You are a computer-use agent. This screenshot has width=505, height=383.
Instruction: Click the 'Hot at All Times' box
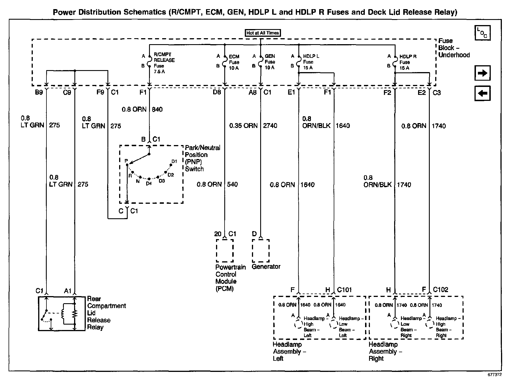click(x=263, y=33)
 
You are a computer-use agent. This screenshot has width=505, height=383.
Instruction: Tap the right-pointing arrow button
click(x=482, y=73)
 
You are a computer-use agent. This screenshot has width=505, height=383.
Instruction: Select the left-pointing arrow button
click(x=482, y=93)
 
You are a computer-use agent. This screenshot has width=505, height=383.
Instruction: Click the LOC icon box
click(x=482, y=33)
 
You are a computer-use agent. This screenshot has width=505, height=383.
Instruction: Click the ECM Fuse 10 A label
click(x=234, y=62)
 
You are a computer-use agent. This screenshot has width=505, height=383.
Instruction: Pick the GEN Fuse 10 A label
click(x=270, y=62)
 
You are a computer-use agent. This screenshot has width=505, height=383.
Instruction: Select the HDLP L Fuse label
click(x=311, y=62)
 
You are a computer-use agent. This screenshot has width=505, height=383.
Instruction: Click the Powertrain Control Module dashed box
click(x=225, y=250)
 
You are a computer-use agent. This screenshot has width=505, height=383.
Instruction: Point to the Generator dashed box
click(x=260, y=250)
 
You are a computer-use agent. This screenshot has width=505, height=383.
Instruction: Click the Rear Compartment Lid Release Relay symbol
click(x=62, y=313)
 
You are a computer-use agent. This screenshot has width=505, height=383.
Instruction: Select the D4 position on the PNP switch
click(x=149, y=183)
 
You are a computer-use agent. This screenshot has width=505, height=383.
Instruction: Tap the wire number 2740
click(x=270, y=126)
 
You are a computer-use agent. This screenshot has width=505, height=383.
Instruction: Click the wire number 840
click(x=157, y=109)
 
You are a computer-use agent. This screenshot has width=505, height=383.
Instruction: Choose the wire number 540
click(x=232, y=184)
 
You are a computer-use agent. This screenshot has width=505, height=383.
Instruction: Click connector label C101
click(x=344, y=290)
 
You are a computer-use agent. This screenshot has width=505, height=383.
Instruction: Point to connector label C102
click(x=440, y=290)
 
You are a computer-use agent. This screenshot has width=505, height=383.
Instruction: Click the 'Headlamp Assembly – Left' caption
click(x=289, y=351)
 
